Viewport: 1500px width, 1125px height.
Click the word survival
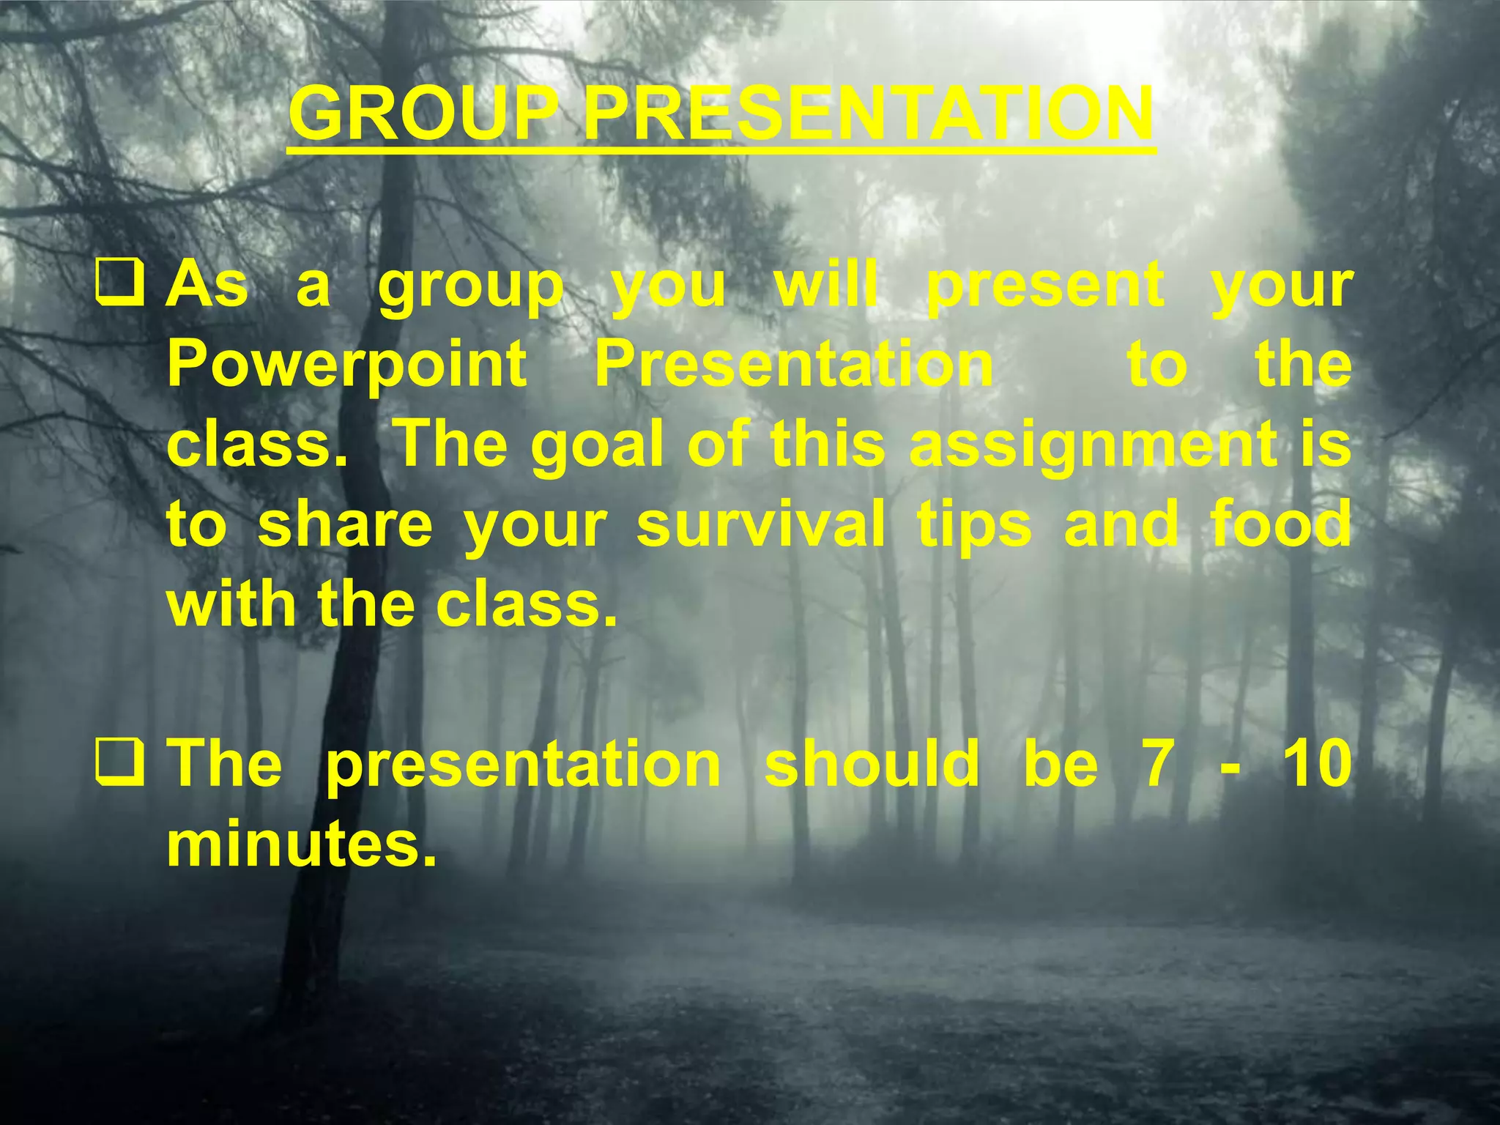tap(760, 524)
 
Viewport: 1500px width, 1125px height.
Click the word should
tap(872, 764)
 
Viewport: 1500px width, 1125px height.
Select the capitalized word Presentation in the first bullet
tap(794, 364)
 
